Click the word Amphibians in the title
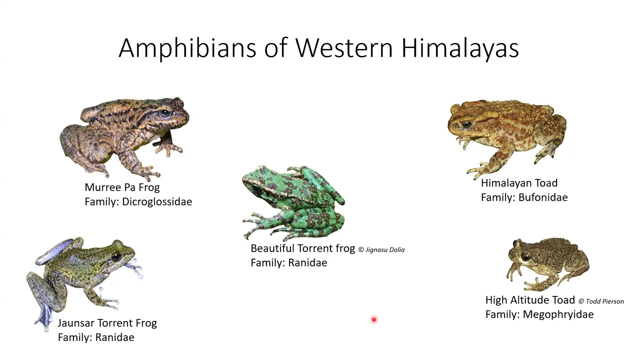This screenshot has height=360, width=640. [x=187, y=48]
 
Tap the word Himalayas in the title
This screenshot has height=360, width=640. [x=460, y=48]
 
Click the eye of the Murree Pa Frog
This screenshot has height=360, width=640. [x=165, y=113]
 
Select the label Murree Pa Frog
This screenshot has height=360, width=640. [x=122, y=187]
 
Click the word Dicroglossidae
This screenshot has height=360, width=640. [x=157, y=201]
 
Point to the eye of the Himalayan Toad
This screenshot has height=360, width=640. [x=466, y=124]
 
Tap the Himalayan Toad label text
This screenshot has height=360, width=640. [x=519, y=183]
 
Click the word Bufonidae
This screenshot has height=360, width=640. [x=543, y=197]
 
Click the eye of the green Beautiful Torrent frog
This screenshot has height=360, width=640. [x=255, y=187]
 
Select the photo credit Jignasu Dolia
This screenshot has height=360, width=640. [x=381, y=249]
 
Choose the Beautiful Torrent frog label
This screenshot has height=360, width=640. [x=303, y=248]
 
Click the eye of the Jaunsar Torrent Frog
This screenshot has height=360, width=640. [x=116, y=256]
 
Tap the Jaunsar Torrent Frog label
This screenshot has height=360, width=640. [x=107, y=323]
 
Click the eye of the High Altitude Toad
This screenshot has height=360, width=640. [x=526, y=256]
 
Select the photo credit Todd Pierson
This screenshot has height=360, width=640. [x=601, y=301]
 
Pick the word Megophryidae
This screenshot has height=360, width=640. [x=558, y=314]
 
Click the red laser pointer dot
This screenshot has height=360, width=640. [x=373, y=319]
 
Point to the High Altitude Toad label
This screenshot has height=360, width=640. [x=530, y=300]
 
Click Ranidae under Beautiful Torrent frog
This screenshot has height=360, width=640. [x=307, y=263]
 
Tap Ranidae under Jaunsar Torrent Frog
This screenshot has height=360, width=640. [x=114, y=337]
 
